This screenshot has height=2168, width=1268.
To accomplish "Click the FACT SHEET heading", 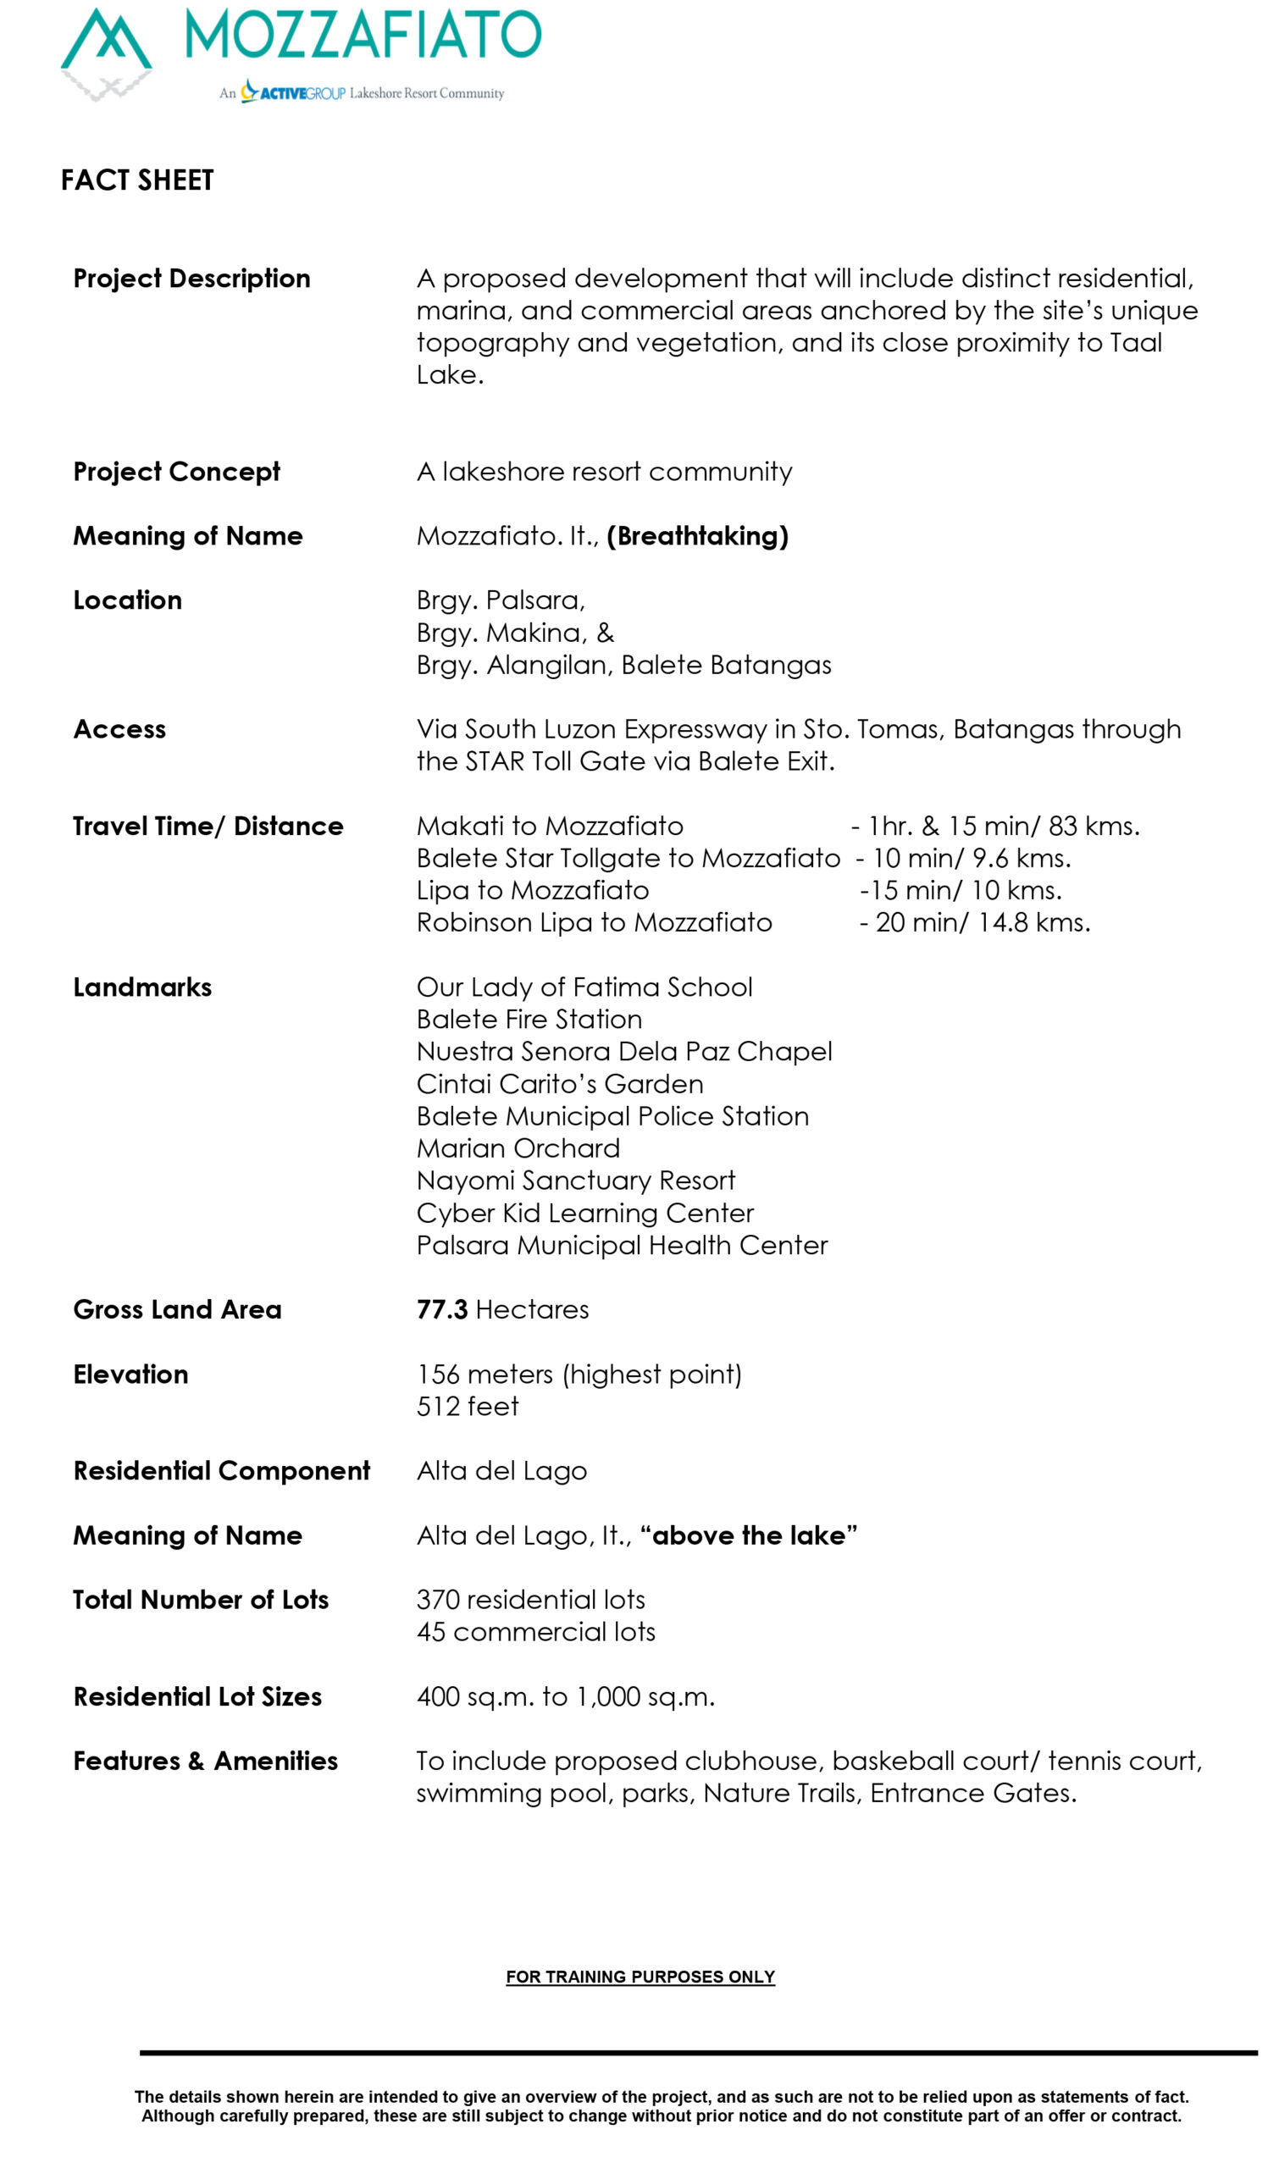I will (x=136, y=180).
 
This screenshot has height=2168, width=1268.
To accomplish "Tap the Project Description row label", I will (x=191, y=279).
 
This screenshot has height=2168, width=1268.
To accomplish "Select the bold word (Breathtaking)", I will (x=697, y=536).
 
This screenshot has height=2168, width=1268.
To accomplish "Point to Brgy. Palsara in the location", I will (x=500, y=600).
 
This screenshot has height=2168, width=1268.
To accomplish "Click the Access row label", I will (x=119, y=729).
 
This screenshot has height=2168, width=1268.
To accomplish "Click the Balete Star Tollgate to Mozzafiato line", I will (x=628, y=859).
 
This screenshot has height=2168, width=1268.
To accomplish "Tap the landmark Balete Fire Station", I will (x=529, y=1020).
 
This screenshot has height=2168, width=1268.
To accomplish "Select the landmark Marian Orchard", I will (x=518, y=1148).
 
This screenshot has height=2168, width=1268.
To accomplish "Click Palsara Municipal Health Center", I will (x=621, y=1246).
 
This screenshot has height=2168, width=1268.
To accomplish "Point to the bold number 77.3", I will (x=441, y=1310).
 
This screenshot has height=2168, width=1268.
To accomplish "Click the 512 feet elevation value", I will (x=467, y=1407).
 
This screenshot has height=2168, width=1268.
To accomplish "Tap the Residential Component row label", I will (x=221, y=1471).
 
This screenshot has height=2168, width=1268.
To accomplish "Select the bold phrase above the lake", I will (x=749, y=1535).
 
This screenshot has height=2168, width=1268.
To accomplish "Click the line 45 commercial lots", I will (x=535, y=1632).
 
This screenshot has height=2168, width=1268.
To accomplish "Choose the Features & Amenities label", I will (x=205, y=1761).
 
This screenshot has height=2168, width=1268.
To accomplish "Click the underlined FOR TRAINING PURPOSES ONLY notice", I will (x=640, y=1977).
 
